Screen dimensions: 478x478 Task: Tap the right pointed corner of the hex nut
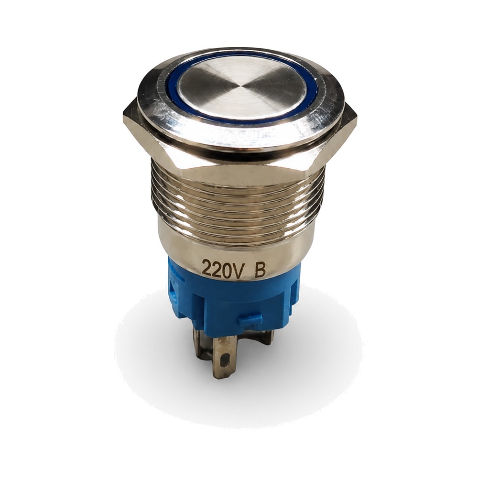pos(356,118)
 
